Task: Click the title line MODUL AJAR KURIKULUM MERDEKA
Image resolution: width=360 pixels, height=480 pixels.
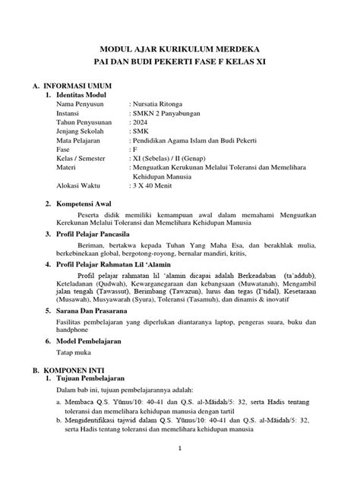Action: [x=180, y=46]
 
